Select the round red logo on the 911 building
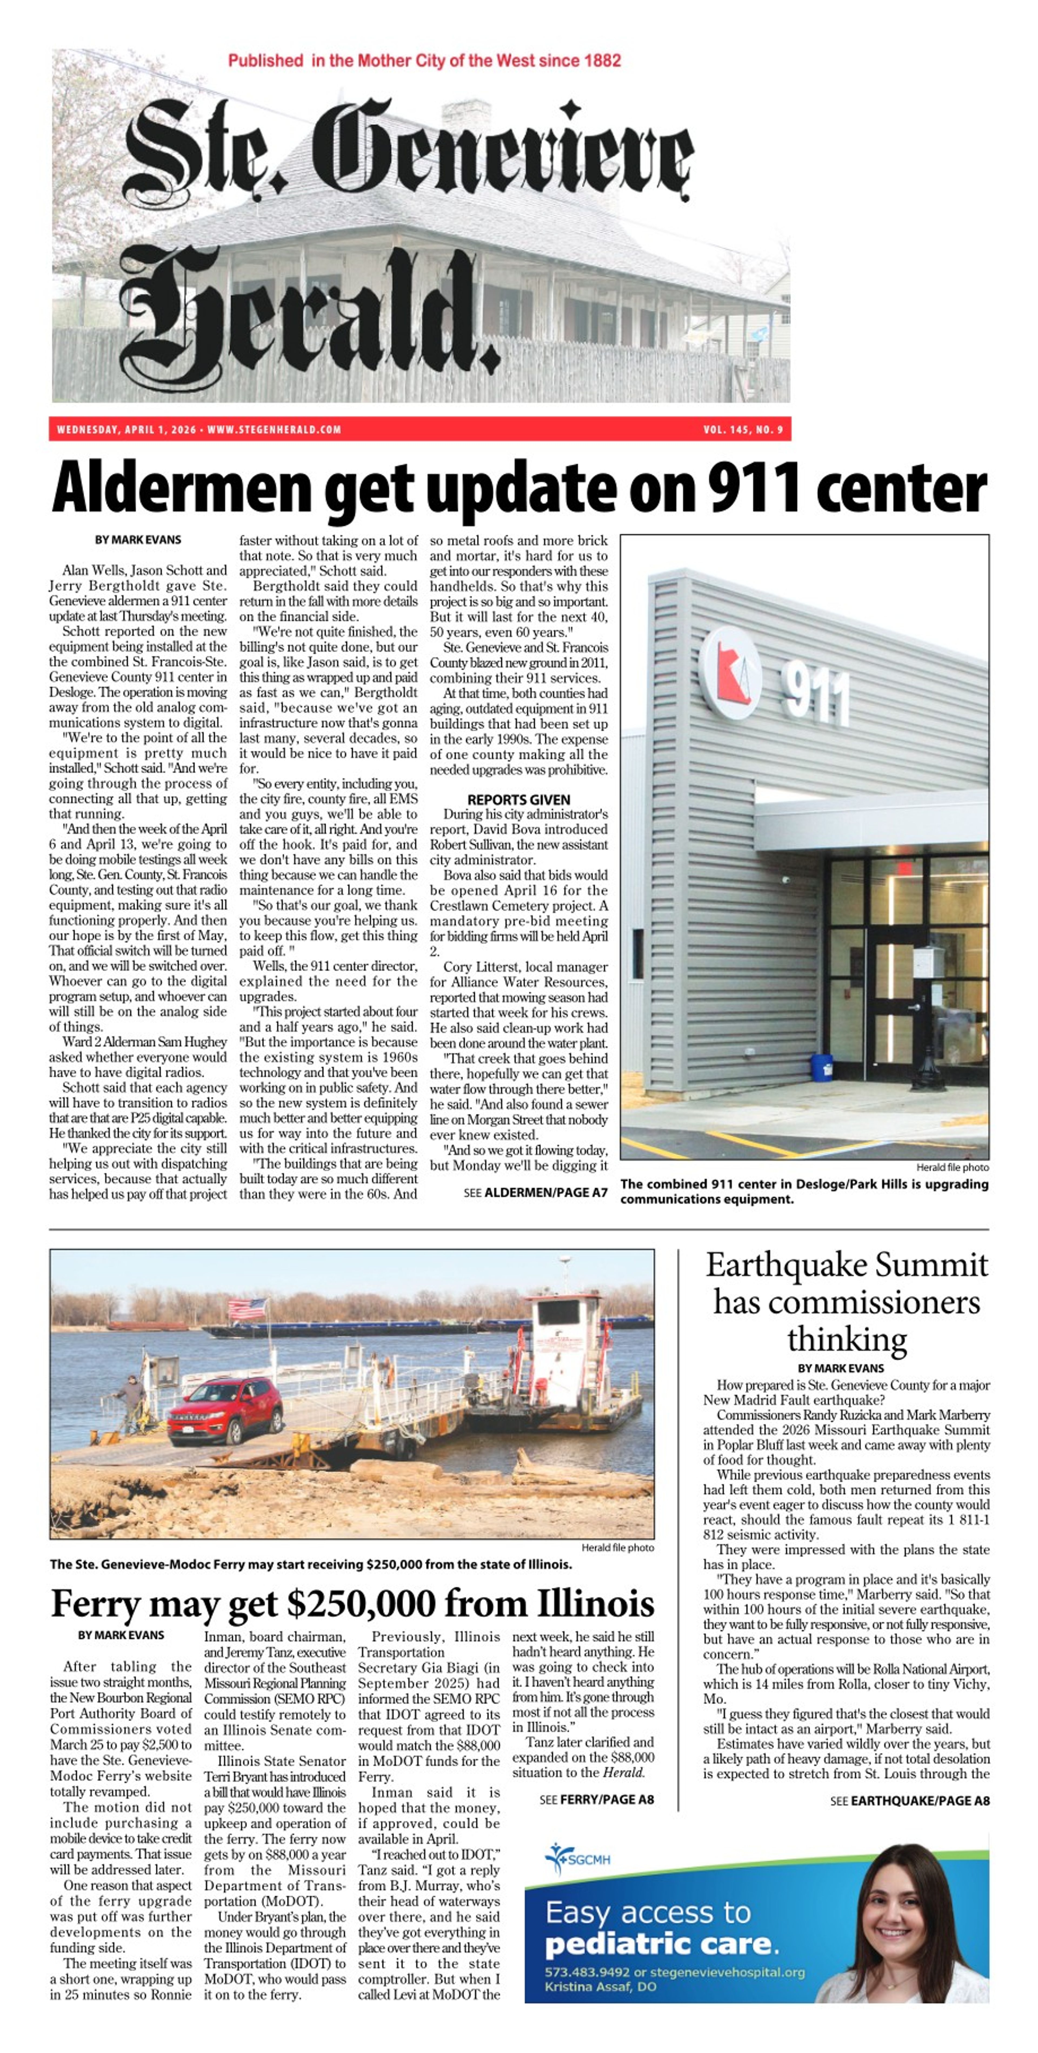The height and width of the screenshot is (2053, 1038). click(x=729, y=673)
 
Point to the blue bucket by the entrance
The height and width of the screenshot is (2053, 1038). click(x=821, y=1067)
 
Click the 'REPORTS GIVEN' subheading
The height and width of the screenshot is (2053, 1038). click(x=519, y=799)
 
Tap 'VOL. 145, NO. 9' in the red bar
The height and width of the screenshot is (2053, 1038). click(x=743, y=430)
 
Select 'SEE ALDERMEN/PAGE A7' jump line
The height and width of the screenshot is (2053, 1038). click(x=535, y=1193)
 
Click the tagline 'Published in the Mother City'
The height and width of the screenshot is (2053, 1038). click(x=424, y=61)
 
